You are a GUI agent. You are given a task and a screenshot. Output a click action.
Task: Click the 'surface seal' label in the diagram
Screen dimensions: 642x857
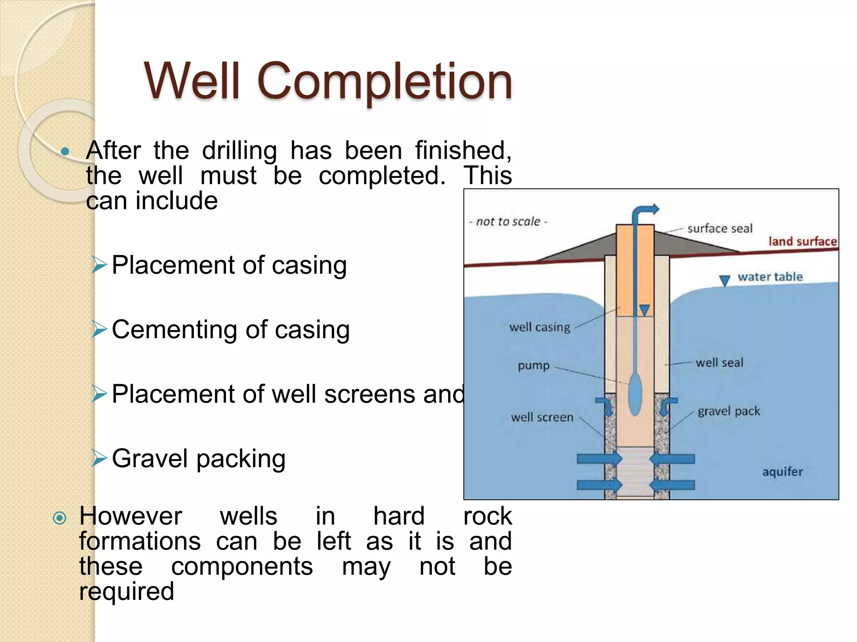pyautogui.click(x=719, y=229)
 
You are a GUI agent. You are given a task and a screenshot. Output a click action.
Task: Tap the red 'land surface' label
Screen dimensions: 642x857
pyautogui.click(x=802, y=241)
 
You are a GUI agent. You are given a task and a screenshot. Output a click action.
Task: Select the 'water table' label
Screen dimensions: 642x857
pyautogui.click(x=770, y=277)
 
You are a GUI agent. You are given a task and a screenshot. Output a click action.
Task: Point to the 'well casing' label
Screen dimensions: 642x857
pyautogui.click(x=539, y=327)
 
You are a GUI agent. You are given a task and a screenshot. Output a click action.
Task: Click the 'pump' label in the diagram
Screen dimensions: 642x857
pyautogui.click(x=534, y=365)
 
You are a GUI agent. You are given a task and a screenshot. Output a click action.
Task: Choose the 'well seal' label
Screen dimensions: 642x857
pyautogui.click(x=719, y=362)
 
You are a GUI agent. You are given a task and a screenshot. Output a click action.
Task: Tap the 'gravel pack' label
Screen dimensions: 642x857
pyautogui.click(x=729, y=411)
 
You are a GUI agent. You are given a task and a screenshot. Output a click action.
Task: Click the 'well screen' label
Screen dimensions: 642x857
pyautogui.click(x=542, y=417)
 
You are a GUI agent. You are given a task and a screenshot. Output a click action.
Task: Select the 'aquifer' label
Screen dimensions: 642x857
pyautogui.click(x=782, y=472)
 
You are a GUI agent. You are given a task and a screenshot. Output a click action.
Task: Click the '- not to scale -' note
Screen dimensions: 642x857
pyautogui.click(x=508, y=222)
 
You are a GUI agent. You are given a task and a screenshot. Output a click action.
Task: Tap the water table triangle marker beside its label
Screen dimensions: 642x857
pyautogui.click(x=724, y=280)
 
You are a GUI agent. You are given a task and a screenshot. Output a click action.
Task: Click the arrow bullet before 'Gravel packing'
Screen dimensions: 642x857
pyautogui.click(x=99, y=459)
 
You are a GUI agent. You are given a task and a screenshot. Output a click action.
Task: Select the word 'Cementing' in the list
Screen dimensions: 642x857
pyautogui.click(x=175, y=329)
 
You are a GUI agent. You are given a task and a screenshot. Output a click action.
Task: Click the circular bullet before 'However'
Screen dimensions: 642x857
pyautogui.click(x=60, y=518)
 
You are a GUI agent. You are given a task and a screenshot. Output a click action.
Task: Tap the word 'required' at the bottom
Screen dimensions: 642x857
pyautogui.click(x=126, y=591)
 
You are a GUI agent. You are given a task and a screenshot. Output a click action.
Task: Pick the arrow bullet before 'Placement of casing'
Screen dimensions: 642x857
pyautogui.click(x=99, y=265)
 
